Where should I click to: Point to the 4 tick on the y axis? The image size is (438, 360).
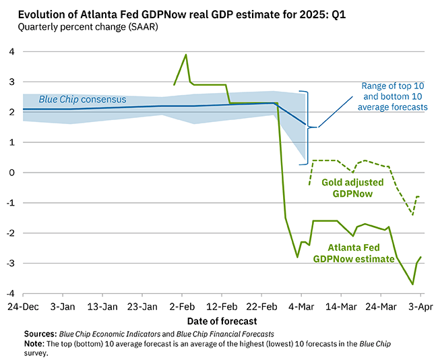[x=12, y=52]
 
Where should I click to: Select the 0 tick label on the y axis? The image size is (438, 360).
[x=12, y=173]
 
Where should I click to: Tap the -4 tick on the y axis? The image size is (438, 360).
[x=11, y=294]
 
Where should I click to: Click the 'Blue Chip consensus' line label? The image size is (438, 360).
[x=82, y=100]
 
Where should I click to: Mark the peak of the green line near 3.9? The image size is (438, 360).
[x=186, y=55]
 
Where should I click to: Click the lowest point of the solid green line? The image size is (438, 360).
[x=412, y=284]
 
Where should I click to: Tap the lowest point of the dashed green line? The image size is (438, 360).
[x=412, y=215]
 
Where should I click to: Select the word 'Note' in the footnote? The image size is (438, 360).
[x=34, y=342]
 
